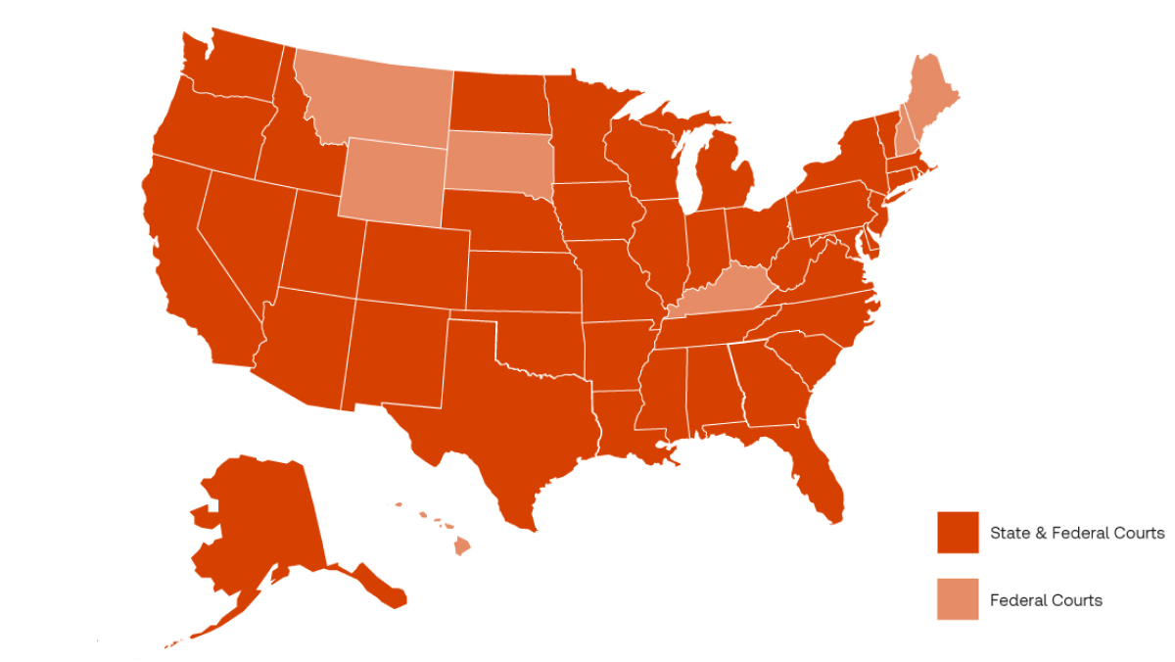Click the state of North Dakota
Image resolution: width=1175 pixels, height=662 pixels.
point(497,103)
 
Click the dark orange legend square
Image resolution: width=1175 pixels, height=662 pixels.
point(958,533)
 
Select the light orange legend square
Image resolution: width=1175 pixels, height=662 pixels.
point(958,599)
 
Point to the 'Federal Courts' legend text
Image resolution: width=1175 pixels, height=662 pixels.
point(1046,600)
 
